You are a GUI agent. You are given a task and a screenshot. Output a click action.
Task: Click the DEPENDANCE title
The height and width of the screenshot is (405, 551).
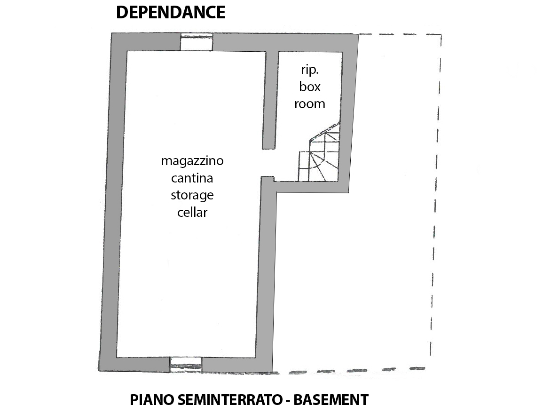(x=170, y=13)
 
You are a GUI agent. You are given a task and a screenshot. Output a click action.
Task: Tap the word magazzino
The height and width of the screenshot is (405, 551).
(x=192, y=161)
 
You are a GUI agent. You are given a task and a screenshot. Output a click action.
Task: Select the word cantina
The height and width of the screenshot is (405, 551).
(x=192, y=178)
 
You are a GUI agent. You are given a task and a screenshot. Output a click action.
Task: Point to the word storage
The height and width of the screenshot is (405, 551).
(x=192, y=195)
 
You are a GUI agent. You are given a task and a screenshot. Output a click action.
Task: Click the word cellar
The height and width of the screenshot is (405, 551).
(x=192, y=212)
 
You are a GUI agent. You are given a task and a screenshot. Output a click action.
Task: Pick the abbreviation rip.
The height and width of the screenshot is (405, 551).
(x=309, y=71)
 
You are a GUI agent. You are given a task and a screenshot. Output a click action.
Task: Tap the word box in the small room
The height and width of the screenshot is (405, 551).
(x=310, y=87)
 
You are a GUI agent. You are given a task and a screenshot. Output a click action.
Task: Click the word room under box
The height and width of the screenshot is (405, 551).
(x=310, y=104)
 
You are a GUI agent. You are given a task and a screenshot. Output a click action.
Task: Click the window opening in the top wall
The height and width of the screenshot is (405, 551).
(x=197, y=43)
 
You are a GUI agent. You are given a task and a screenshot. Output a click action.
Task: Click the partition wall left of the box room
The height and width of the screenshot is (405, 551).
(x=269, y=99)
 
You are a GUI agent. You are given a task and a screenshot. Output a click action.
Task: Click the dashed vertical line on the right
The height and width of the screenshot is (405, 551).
(x=435, y=198)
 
